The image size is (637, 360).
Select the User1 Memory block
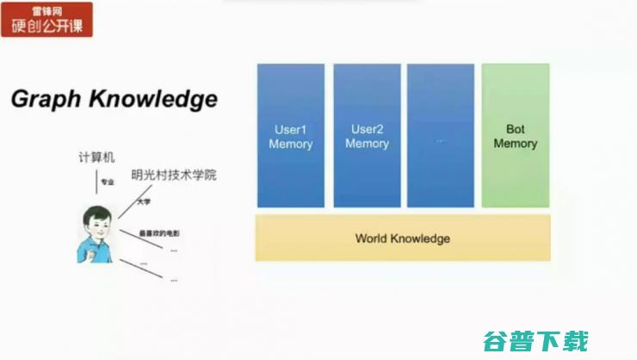pyautogui.click(x=290, y=136)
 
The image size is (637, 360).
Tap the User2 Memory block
pyautogui.click(x=367, y=136)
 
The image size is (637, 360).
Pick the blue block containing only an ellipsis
pyautogui.click(x=440, y=136)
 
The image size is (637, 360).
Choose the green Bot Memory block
pyautogui.click(x=515, y=136)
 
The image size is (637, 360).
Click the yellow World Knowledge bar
pyautogui.click(x=402, y=238)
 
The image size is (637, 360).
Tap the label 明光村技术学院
pyautogui.click(x=173, y=175)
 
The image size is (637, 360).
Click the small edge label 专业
pyautogui.click(x=108, y=183)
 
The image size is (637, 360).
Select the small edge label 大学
pyautogui.click(x=144, y=202)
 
